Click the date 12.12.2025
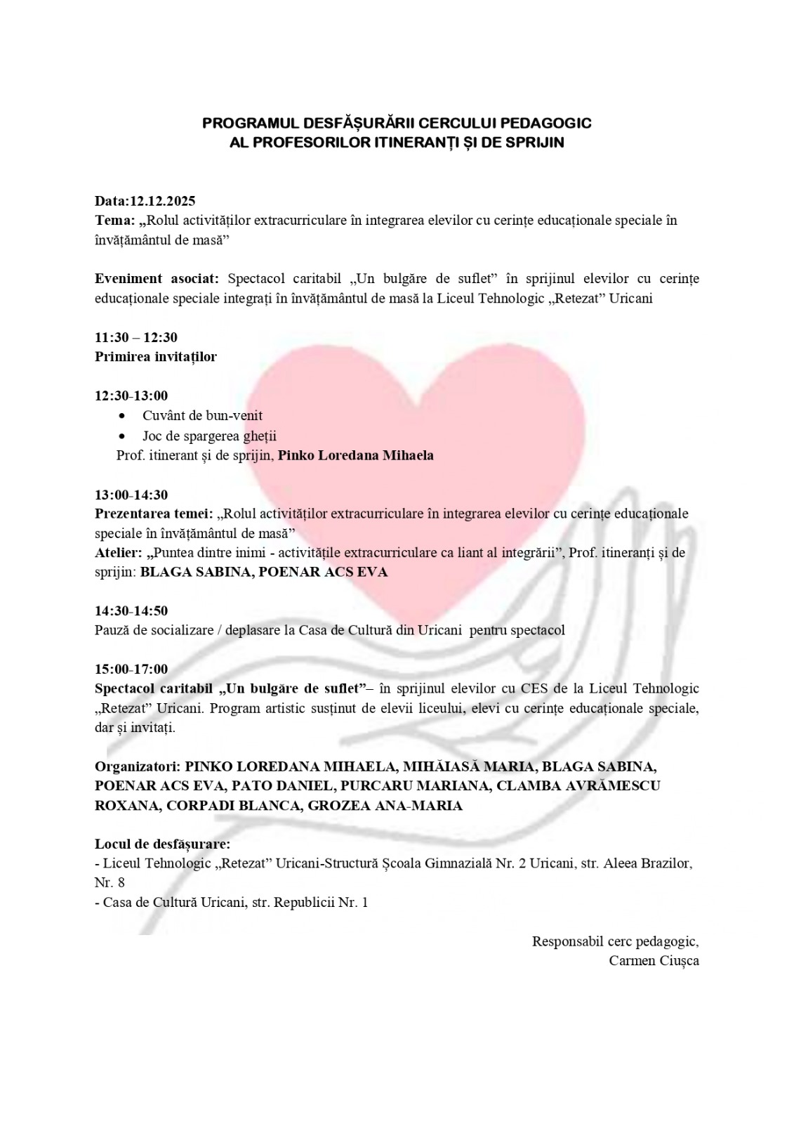point(162,201)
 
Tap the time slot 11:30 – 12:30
point(136,337)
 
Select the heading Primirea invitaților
point(156,356)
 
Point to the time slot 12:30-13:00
point(131,396)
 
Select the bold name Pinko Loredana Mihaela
point(356,455)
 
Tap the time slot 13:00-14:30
point(131,495)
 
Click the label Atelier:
point(118,553)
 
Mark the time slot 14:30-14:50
point(131,610)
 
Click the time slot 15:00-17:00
point(131,669)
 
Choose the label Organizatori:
point(138,766)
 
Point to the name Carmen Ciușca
point(654,960)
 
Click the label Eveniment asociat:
point(157,279)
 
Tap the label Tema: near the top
point(115,220)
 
